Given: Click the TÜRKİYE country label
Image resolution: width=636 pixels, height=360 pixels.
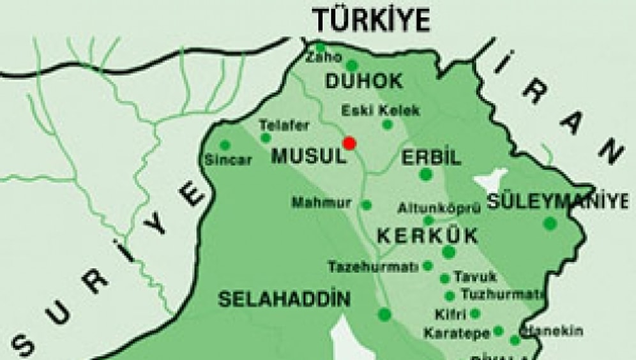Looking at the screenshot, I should tap(370, 20).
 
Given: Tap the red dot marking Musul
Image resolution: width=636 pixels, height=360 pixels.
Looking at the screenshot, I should tap(349, 142).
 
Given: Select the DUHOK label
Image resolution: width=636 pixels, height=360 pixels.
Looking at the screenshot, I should tap(364, 81).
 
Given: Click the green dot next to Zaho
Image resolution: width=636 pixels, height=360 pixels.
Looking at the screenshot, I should tap(321, 47).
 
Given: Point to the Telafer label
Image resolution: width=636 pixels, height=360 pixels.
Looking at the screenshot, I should tap(284, 125).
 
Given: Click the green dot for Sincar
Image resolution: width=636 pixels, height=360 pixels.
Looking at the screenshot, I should tap(225, 145).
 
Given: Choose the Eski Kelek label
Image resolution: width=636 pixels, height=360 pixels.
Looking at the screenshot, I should tap(381, 110).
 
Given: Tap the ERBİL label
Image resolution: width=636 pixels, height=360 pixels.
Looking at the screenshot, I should tap(431, 157).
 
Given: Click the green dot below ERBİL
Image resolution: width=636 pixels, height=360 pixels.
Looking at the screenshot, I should tap(426, 174).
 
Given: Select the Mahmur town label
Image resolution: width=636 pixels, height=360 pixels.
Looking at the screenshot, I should tap(322, 203).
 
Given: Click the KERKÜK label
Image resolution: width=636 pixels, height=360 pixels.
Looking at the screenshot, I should tap(427, 236).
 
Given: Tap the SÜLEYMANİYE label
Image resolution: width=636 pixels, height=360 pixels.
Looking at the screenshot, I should tap(557, 202).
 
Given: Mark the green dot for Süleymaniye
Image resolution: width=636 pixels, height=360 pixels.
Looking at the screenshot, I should tap(549, 223).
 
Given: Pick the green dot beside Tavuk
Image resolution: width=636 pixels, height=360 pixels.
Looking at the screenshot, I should tap(444, 278).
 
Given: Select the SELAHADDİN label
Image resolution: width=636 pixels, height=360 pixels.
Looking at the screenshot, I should tap(285, 299).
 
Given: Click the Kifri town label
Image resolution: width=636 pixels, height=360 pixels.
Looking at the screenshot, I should tap(451, 315).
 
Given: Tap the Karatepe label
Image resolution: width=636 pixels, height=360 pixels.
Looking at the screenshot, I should tap(456, 333).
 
